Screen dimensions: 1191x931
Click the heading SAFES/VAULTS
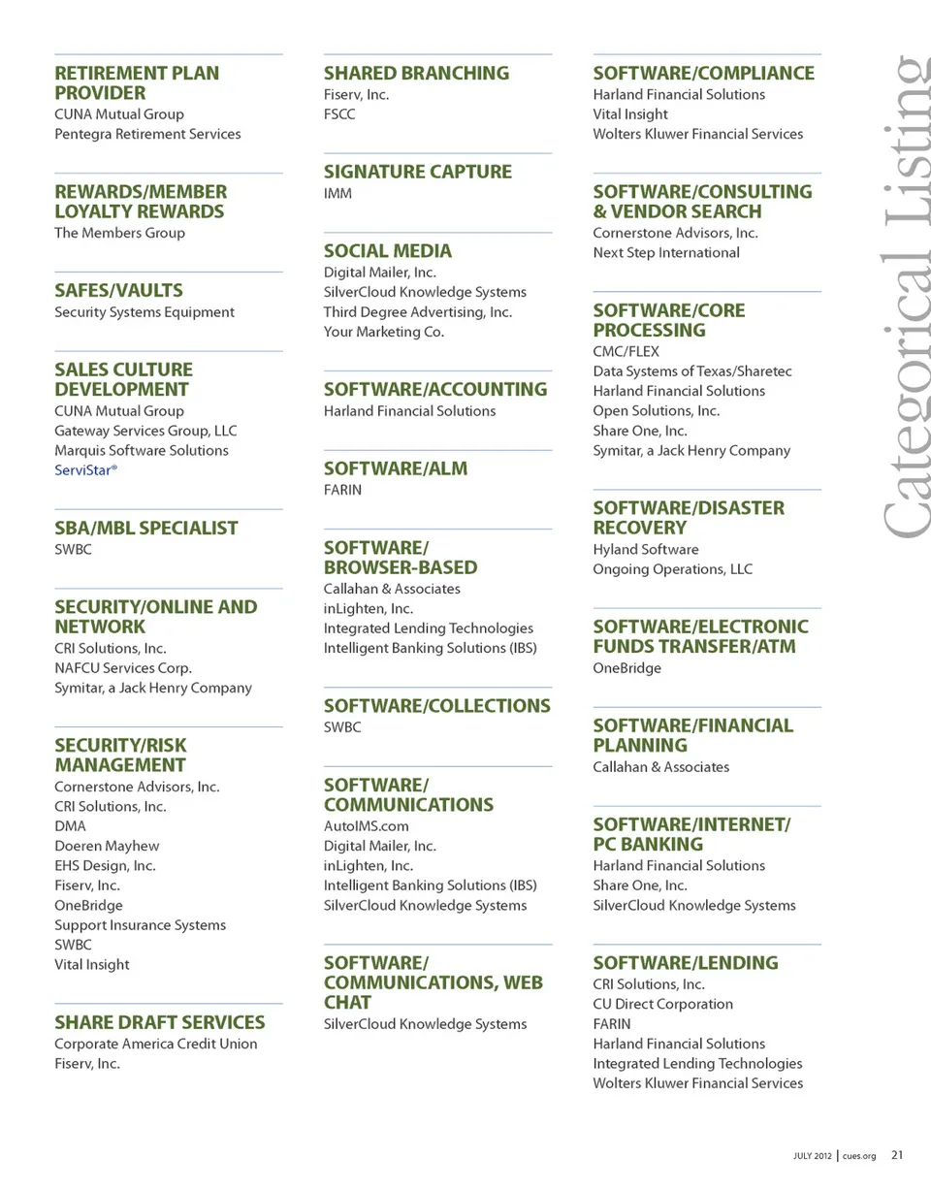point(118,290)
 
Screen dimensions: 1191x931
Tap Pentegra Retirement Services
point(147,134)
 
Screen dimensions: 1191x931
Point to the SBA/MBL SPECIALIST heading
point(145,528)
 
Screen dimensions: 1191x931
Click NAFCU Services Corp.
point(123,668)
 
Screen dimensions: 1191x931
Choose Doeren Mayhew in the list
point(107,846)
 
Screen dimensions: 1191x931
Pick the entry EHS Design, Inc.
point(105,866)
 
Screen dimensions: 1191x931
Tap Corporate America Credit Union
point(156,1044)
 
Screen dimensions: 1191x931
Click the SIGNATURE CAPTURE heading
point(417,172)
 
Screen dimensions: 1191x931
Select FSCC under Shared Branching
point(339,114)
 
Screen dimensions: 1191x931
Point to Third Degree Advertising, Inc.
point(417,312)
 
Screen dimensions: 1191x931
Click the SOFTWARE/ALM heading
point(395,468)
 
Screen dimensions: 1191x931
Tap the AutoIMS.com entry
point(367,826)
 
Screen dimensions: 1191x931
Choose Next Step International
point(666,253)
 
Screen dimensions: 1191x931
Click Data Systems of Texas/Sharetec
point(679,371)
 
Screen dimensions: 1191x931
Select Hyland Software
point(645,550)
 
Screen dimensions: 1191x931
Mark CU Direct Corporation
point(662,1005)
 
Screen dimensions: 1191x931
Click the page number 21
point(897,1155)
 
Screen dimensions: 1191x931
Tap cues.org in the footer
point(858,1156)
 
